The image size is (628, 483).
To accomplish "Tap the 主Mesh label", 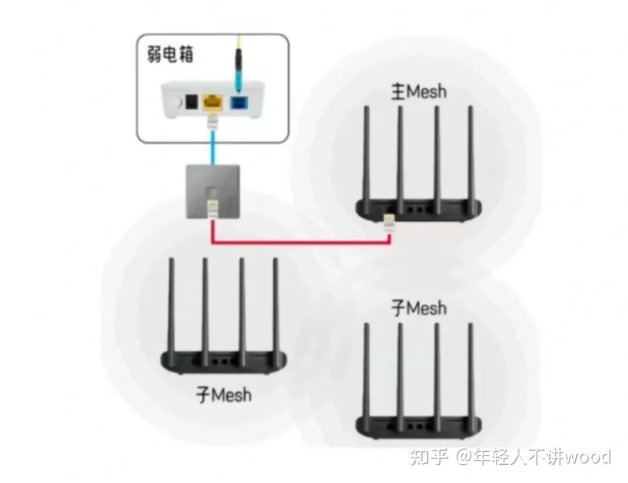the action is [x=418, y=92].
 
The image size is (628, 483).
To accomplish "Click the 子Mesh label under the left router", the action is [x=223, y=394].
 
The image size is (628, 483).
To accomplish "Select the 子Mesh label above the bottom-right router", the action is [x=418, y=308].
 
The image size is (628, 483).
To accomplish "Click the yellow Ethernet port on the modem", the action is [x=212, y=103].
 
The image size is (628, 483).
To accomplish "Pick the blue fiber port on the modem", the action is [x=238, y=103].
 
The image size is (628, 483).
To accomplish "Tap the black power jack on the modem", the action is [x=191, y=103].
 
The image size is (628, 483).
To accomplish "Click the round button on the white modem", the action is [x=174, y=103].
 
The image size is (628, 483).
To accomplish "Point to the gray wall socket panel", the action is [x=212, y=191].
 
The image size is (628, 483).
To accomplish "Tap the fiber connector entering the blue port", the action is [x=238, y=65].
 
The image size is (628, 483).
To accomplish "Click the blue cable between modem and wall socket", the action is [x=212, y=147].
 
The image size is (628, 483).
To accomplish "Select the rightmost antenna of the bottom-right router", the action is [x=470, y=370].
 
